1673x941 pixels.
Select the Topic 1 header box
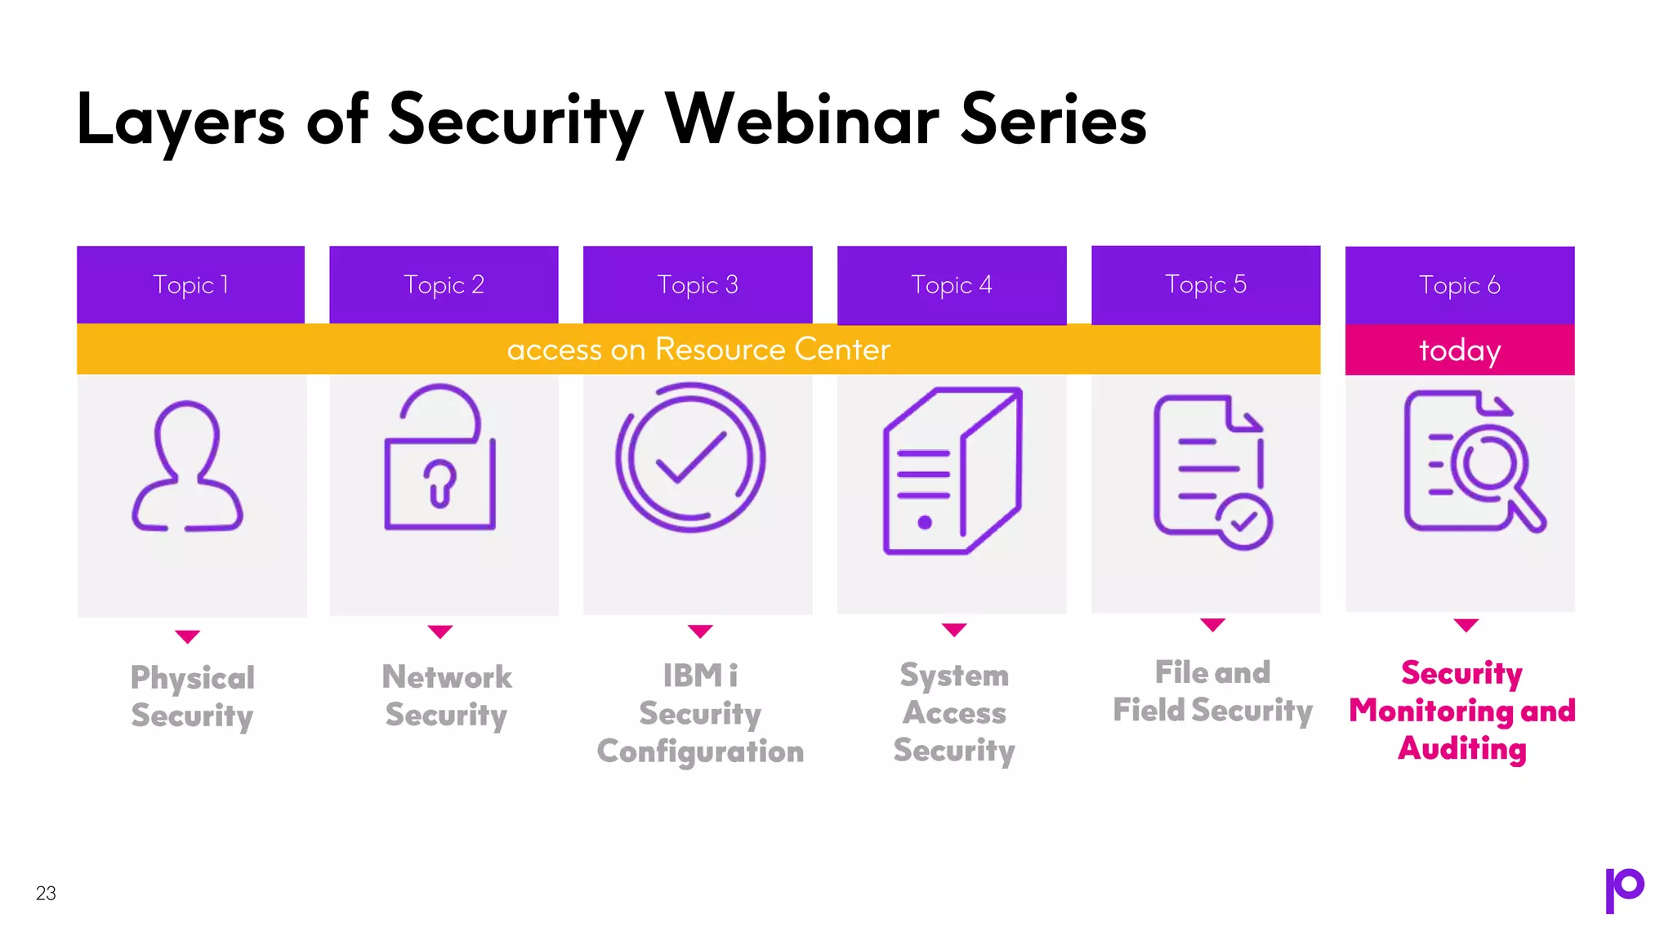coord(190,284)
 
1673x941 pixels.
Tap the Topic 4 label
coord(951,284)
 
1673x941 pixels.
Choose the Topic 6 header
coord(1459,284)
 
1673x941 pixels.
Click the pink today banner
coord(1459,350)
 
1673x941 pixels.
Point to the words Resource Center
coord(772,350)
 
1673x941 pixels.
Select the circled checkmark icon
coord(690,458)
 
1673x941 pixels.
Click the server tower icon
coord(952,471)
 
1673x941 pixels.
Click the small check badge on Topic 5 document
coord(1243,521)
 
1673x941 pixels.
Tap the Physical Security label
coord(192,696)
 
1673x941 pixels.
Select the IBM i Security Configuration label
coord(700,713)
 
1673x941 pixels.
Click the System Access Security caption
coord(953,712)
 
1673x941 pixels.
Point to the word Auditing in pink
coord(1461,748)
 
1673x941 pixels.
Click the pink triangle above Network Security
coord(439,631)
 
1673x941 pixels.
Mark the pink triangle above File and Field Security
coord(1212,625)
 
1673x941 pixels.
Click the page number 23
coord(46,893)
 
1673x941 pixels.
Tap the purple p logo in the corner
coord(1624,890)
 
